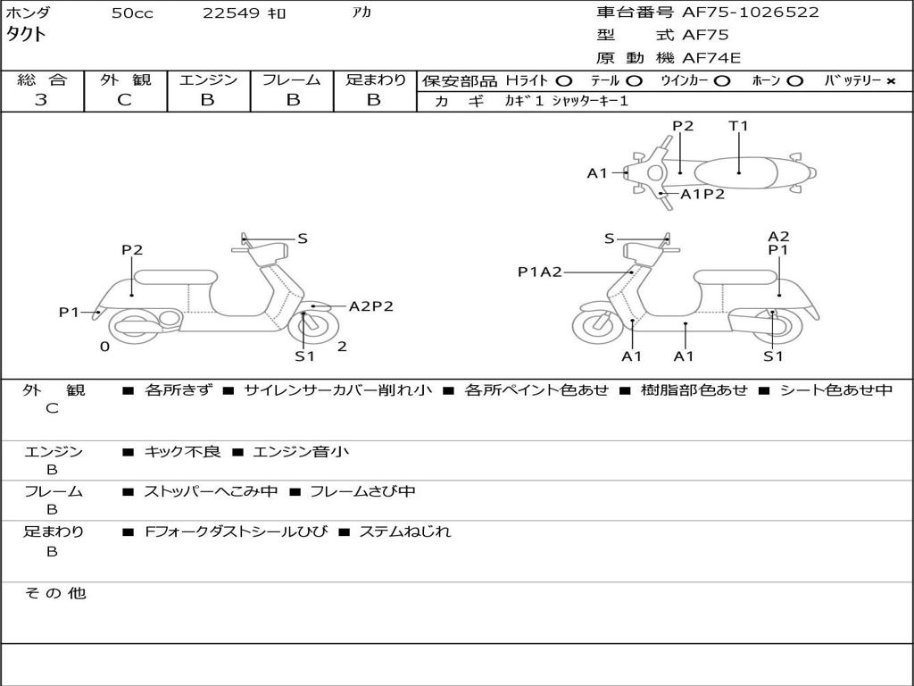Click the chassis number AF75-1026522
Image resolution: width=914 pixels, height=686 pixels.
(750, 13)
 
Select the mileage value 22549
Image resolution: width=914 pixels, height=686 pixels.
(230, 13)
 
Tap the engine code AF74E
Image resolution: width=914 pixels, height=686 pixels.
(711, 58)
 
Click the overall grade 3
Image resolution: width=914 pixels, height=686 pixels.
(41, 100)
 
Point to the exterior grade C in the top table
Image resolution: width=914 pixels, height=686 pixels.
(124, 100)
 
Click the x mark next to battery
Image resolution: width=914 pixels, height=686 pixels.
(891, 81)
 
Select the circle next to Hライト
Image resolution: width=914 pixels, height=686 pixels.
(564, 81)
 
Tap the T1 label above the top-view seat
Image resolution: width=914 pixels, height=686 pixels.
(738, 125)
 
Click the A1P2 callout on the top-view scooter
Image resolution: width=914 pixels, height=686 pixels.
(702, 194)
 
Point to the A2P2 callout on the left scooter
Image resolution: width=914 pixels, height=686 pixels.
(370, 306)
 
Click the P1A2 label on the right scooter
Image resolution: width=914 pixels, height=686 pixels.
(540, 272)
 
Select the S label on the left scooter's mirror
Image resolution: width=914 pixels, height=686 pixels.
(302, 238)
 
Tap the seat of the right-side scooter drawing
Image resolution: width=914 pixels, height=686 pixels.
(736, 277)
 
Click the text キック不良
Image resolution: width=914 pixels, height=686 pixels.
(182, 452)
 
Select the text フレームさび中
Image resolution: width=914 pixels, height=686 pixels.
(362, 492)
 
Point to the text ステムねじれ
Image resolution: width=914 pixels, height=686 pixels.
(404, 532)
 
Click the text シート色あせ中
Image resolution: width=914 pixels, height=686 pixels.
(835, 390)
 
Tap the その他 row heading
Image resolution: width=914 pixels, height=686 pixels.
(54, 593)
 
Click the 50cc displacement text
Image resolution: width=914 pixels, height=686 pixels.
(132, 13)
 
